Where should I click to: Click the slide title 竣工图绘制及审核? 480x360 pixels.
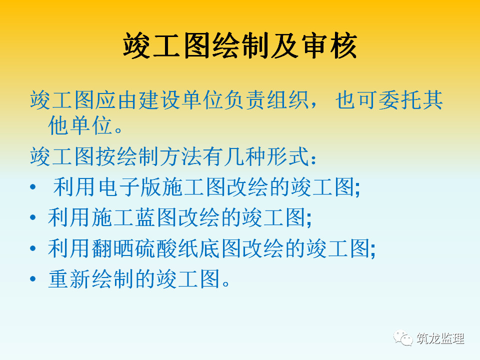(240, 46)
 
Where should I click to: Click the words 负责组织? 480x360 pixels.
(265, 100)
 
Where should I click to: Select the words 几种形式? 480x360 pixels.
(265, 156)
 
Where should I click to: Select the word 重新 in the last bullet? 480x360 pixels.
(69, 278)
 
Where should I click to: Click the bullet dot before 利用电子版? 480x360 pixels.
(33, 186)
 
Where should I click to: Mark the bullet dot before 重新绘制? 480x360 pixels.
(33, 278)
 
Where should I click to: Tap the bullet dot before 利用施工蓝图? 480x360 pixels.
(33, 217)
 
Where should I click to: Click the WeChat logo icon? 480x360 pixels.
(403, 338)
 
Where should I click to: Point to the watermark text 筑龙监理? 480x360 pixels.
(440, 338)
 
